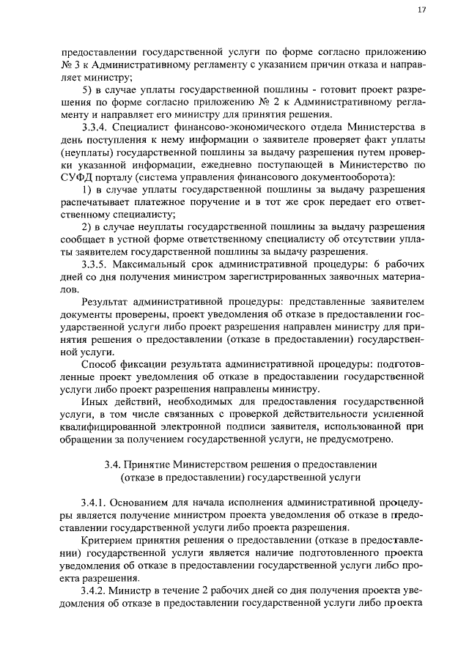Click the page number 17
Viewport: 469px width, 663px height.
[421, 10]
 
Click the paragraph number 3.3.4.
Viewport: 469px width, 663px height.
[95, 125]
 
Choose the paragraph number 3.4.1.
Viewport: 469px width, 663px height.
[95, 504]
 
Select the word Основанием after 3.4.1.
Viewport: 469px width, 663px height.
[151, 504]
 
